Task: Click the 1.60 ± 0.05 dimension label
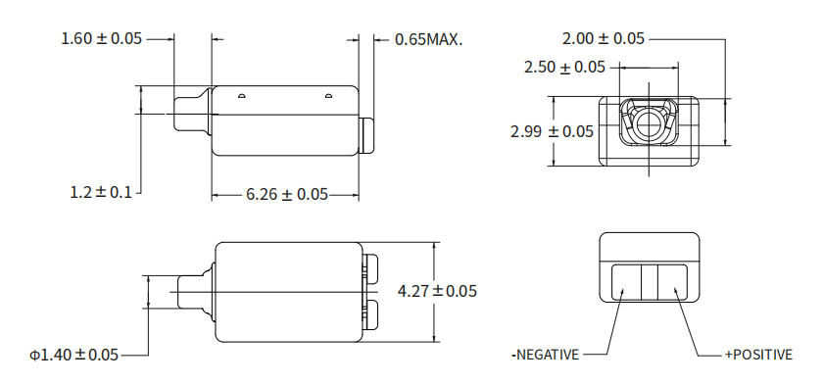pos(102,38)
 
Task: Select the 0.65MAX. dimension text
pos(429,39)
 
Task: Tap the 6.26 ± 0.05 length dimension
pos(287,195)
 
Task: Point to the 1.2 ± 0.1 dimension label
pos(101,192)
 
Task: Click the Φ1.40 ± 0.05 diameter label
pos(74,356)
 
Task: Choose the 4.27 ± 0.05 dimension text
pos(437,291)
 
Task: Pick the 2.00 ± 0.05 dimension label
pos(604,38)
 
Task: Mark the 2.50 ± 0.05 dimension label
pos(564,68)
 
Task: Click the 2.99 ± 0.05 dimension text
pos(552,131)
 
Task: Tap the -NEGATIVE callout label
pos(546,356)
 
